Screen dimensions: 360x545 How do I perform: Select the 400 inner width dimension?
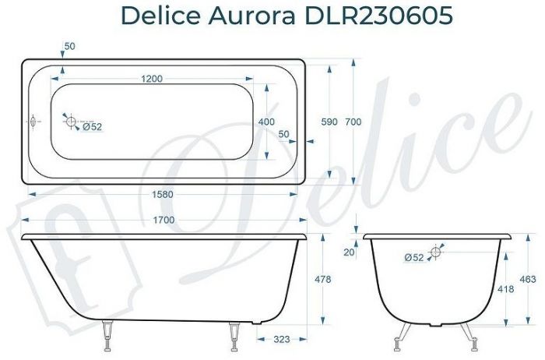click(x=265, y=122)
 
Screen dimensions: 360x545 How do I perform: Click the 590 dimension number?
click(x=330, y=122)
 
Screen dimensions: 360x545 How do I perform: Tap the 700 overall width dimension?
click(x=353, y=122)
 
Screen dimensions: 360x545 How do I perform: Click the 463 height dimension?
click(x=529, y=278)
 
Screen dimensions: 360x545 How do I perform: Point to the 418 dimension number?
click(x=506, y=288)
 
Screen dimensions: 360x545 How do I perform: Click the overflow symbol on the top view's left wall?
click(x=33, y=122)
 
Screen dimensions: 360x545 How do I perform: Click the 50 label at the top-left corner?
click(x=69, y=47)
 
